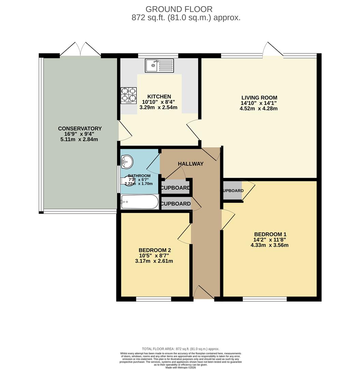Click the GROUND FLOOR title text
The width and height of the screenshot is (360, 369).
point(179,9)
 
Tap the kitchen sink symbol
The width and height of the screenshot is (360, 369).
point(159,65)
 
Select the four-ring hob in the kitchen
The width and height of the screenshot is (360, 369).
point(129,96)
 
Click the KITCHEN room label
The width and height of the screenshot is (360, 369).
point(159,97)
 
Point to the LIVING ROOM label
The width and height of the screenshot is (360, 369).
point(259,98)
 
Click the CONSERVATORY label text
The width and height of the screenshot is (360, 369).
point(80,128)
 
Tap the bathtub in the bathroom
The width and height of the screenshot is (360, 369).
point(140,202)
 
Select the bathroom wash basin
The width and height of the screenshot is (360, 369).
point(127,162)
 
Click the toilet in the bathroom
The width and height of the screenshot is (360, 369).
point(128,181)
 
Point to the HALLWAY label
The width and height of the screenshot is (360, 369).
point(190,164)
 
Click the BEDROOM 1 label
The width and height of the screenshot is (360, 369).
point(270,234)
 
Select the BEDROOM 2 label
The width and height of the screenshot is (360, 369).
point(154,250)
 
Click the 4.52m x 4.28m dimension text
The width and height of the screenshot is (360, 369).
point(259,109)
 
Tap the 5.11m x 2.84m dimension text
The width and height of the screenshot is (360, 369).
point(80,139)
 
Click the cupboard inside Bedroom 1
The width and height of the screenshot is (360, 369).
point(232,191)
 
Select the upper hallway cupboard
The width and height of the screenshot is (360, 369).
point(175,188)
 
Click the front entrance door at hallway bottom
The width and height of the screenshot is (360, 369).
point(204,293)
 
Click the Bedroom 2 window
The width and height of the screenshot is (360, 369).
point(154,299)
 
